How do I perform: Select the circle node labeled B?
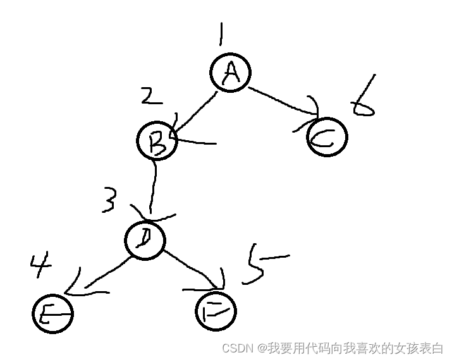coord(156,140)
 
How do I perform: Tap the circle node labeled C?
coord(327,136)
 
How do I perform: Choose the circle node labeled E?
coord(52,313)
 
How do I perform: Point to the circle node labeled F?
coord(216,310)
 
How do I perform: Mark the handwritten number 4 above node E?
coord(41,265)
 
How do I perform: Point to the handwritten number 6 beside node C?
coord(364,99)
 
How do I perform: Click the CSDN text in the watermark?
coord(237,348)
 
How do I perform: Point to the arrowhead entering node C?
coord(311,109)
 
